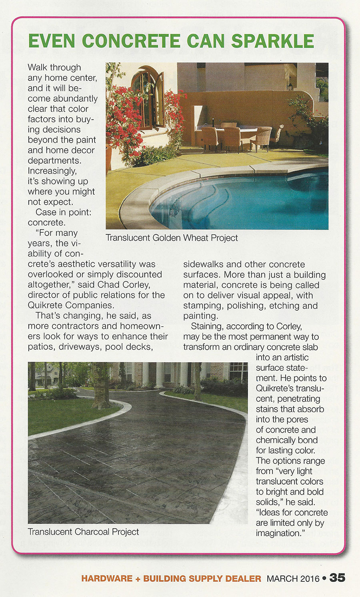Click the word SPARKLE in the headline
(x=272, y=41)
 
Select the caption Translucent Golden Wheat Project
(x=172, y=238)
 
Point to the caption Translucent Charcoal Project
(x=83, y=532)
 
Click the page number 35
(x=337, y=578)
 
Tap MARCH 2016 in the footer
(x=293, y=579)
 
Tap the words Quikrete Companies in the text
(x=70, y=305)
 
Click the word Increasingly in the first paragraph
(x=52, y=171)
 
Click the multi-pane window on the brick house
(x=238, y=372)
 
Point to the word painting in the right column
(x=200, y=316)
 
